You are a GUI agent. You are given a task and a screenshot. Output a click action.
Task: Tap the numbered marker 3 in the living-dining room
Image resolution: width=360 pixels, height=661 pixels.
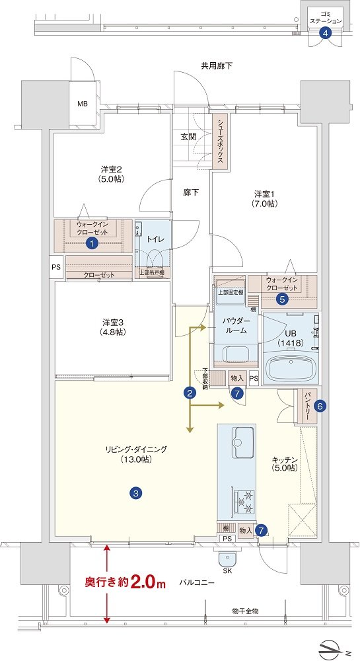tap(135, 492)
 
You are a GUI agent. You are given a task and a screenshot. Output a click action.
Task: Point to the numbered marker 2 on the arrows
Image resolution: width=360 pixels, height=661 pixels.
tap(190, 393)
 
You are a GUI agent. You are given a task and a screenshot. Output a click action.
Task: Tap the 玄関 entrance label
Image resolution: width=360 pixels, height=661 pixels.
tap(189, 137)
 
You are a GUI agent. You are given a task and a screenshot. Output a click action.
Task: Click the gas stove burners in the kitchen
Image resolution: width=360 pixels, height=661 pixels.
tap(243, 501)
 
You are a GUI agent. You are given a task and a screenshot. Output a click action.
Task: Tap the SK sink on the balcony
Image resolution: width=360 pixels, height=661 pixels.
tap(228, 560)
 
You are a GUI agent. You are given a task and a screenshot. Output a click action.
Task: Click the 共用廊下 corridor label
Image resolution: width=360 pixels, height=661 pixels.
tap(217, 65)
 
